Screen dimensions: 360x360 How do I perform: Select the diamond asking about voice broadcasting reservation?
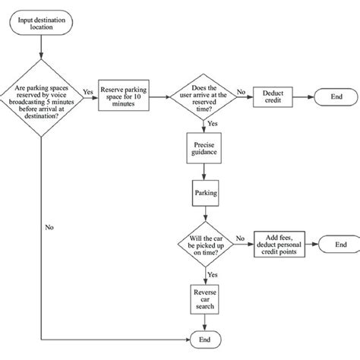pyautogui.click(x=42, y=99)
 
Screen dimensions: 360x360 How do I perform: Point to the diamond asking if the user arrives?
pyautogui.click(x=204, y=98)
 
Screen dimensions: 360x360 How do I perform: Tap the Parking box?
pyautogui.click(x=204, y=193)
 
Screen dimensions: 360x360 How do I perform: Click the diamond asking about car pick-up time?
pyautogui.click(x=204, y=244)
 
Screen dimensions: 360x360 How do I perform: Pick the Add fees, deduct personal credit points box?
pyautogui.click(x=281, y=244)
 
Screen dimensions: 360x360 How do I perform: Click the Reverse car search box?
pyautogui.click(x=204, y=298)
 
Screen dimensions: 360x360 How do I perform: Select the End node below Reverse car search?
pyautogui.click(x=204, y=338)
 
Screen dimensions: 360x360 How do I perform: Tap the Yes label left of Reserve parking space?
pyautogui.click(x=87, y=92)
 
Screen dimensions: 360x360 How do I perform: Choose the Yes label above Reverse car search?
pyautogui.click(x=213, y=274)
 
